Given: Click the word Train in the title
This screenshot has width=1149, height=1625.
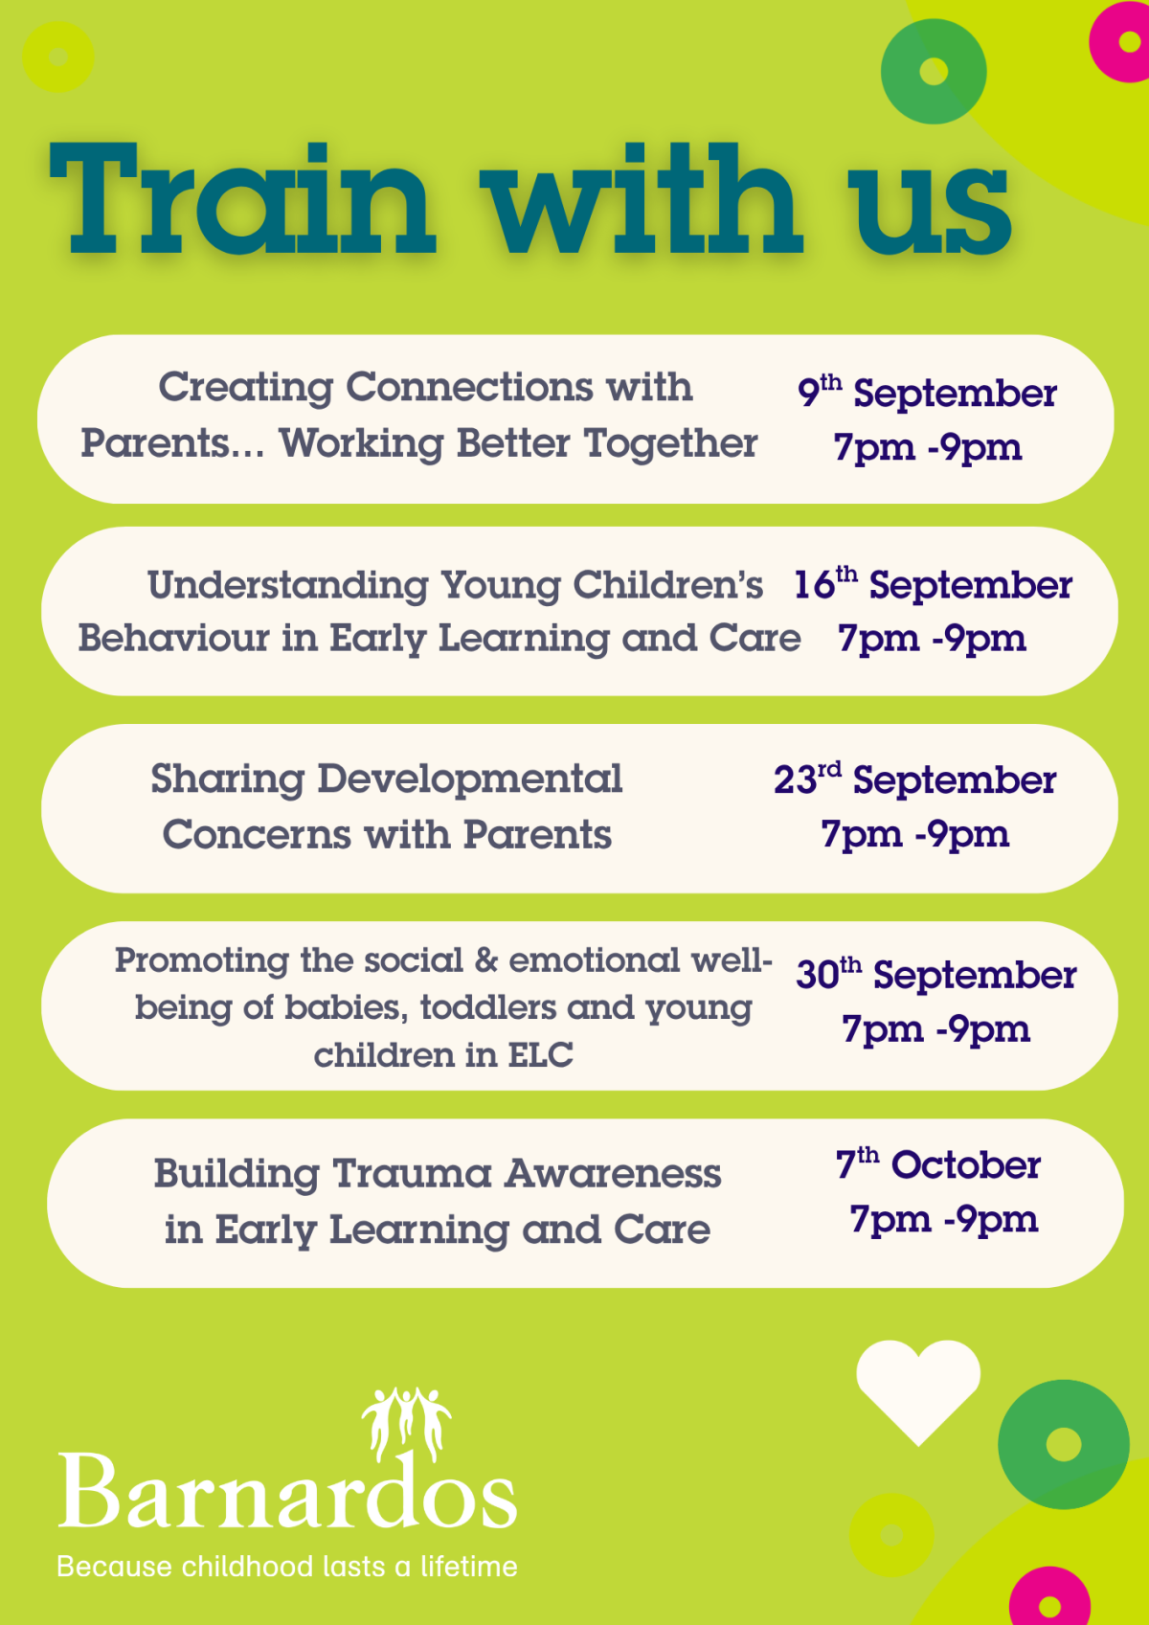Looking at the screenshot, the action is pyautogui.click(x=242, y=198).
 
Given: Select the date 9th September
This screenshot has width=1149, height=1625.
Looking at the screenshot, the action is pyautogui.click(x=926, y=393).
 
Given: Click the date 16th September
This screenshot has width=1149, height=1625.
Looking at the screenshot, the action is pyautogui.click(x=933, y=584).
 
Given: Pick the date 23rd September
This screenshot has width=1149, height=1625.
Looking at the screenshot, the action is pyautogui.click(x=914, y=779).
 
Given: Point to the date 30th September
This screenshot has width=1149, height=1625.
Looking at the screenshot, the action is pyautogui.click(x=935, y=974).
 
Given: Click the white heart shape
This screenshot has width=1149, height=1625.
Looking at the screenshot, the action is pyautogui.click(x=918, y=1392).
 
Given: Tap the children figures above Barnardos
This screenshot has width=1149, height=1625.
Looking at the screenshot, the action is pyautogui.click(x=407, y=1423).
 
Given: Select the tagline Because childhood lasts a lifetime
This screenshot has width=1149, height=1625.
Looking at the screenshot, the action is pyautogui.click(x=287, y=1567).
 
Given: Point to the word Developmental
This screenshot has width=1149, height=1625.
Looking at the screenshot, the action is pyautogui.click(x=469, y=779).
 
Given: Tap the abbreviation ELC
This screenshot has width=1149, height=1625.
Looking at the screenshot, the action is pyautogui.click(x=540, y=1055).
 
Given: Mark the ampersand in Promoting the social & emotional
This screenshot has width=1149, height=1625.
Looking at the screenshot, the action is pyautogui.click(x=485, y=960).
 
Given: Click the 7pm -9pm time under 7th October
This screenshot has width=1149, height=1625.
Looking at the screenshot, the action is pyautogui.click(x=944, y=1220).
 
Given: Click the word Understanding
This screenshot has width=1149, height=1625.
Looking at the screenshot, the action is pyautogui.click(x=288, y=585).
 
